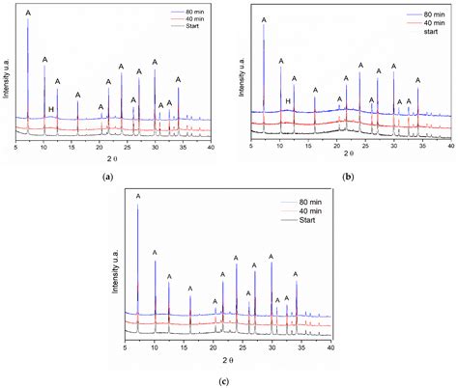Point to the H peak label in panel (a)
click(x=50, y=109)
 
